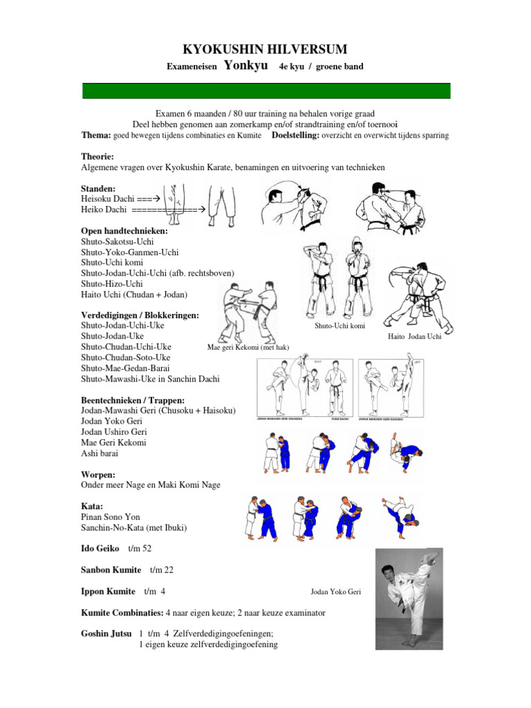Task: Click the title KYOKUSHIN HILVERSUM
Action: click(265, 49)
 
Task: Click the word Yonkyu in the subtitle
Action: click(246, 66)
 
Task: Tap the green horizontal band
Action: click(266, 91)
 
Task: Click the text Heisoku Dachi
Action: click(107, 198)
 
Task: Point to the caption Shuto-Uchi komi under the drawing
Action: click(339, 326)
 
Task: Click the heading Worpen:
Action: click(98, 474)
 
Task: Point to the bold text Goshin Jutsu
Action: click(106, 633)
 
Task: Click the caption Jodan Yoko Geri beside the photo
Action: click(336, 592)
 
